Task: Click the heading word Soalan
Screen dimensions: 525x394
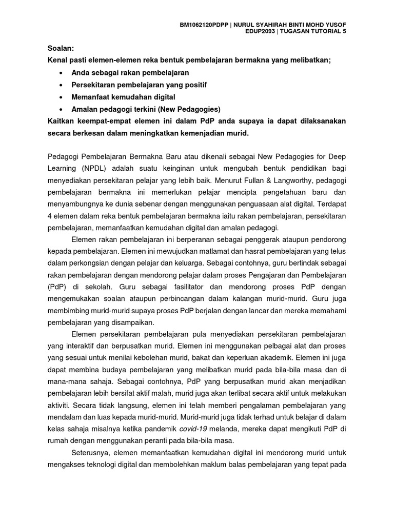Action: pyautogui.click(x=60, y=48)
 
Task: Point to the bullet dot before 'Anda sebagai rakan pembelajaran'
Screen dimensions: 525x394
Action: pyautogui.click(x=62, y=72)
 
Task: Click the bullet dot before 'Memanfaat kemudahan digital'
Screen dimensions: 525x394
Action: pyautogui.click(x=62, y=96)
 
